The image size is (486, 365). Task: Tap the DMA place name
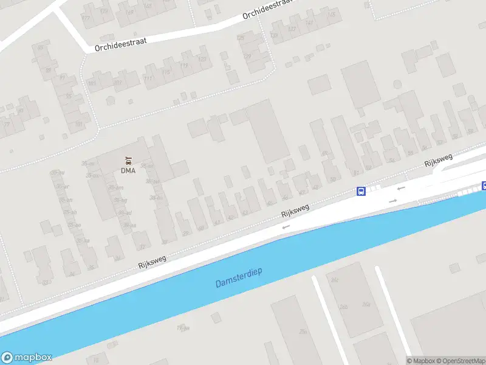[128, 170]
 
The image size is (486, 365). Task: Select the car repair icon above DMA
[128, 161]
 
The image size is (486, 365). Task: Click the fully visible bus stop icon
[361, 191]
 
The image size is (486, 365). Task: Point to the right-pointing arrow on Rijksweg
[393, 200]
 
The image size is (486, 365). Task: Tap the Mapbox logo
[27, 358]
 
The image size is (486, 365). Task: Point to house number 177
[85, 18]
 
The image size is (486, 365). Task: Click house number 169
[129, 12]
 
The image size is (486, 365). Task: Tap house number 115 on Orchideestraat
[166, 72]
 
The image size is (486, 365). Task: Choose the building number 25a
[303, 332]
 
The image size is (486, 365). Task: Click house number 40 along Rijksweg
[200, 228]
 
